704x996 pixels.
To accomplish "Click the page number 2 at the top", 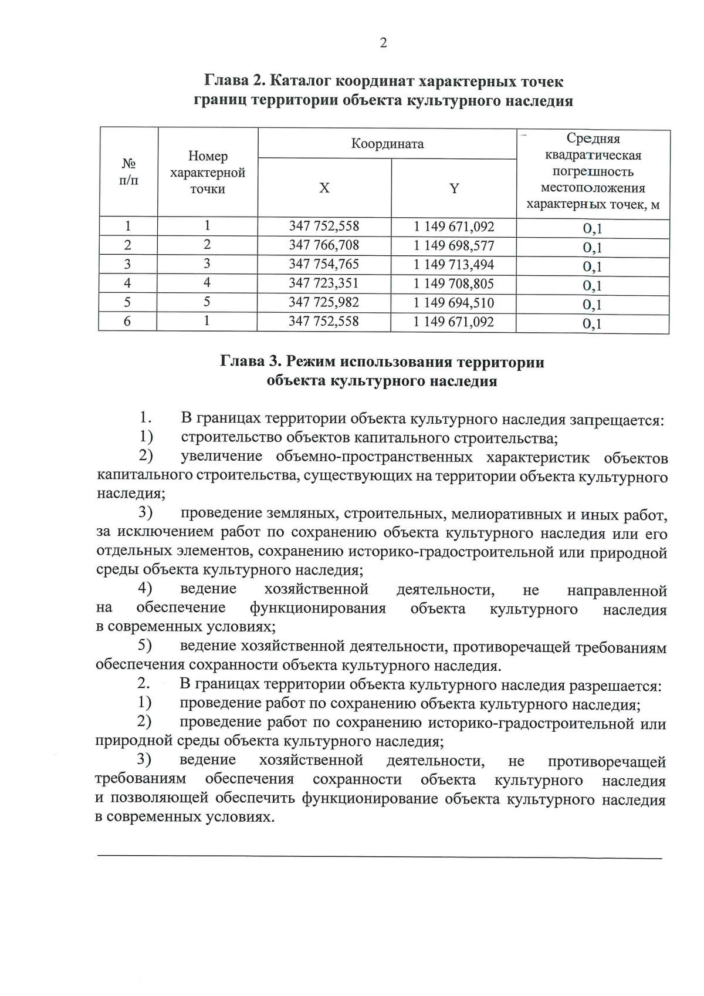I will (383, 43).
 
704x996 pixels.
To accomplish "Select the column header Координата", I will (387, 144).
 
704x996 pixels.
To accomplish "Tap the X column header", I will (324, 188).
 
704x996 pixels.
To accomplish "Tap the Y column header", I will (453, 188).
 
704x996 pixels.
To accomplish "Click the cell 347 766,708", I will (324, 245).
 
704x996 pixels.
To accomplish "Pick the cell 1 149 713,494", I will (453, 265).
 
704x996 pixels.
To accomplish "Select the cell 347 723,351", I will (324, 283).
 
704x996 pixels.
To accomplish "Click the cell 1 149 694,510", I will (453, 303).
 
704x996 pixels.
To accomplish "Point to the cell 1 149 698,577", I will (453, 246).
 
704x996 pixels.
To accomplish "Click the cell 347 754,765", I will (324, 264).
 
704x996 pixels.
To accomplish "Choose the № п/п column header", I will (128, 171).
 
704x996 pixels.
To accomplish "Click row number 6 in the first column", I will (127, 322).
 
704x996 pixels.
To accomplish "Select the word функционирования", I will (317, 609).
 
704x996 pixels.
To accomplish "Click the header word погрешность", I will (593, 172).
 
